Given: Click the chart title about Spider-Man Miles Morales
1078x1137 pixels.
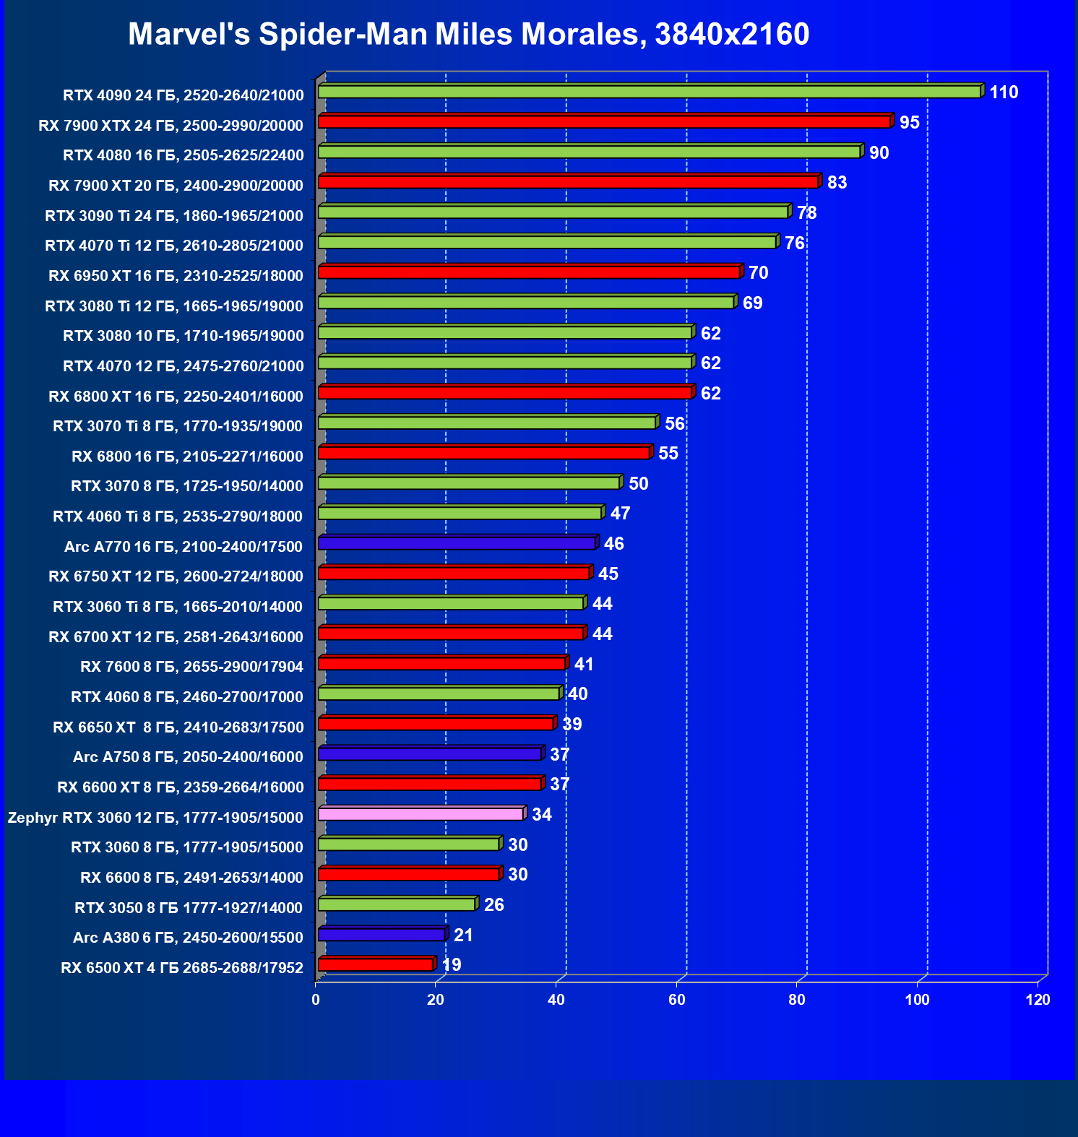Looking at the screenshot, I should point(468,34).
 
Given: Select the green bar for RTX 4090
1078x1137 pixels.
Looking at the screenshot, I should point(649,92).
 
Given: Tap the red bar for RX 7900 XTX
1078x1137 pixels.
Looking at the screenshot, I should point(604,121).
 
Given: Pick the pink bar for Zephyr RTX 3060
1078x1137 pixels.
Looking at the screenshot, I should point(421,814).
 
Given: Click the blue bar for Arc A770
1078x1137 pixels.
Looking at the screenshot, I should point(457,543).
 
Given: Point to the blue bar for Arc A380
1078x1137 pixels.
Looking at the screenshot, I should point(381,935).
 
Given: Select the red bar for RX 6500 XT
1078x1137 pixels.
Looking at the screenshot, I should point(376,964).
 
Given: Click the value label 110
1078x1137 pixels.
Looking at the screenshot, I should point(1004,92).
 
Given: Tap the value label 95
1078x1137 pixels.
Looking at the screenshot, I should point(909,123).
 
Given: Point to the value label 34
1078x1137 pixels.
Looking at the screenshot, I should point(542,815).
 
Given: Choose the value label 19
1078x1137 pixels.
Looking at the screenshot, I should point(452,965).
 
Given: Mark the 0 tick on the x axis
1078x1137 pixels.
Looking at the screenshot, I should point(316,1000).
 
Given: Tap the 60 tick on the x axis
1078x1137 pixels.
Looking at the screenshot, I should point(677,1000).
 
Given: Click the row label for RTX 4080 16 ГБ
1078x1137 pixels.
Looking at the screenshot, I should point(184,155).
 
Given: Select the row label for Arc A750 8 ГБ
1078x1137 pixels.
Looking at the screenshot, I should point(188,757).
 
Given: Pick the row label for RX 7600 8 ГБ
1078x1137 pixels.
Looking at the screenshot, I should point(191,667).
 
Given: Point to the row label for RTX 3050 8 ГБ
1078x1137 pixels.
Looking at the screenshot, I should point(189,908).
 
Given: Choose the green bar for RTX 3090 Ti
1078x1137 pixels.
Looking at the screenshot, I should point(553,212).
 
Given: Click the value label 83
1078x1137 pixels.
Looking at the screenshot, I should point(837,183).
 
